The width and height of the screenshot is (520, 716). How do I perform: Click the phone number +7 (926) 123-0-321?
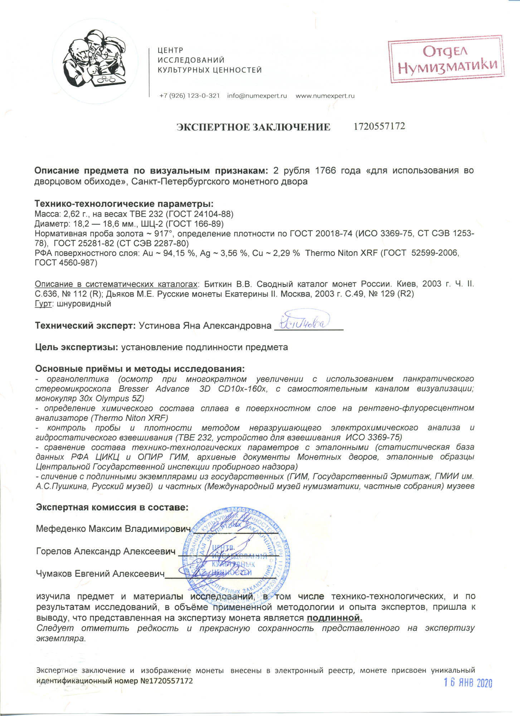tap(189, 96)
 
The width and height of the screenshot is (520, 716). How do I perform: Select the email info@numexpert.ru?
tap(257, 96)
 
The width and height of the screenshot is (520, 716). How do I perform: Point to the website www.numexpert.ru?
tap(325, 96)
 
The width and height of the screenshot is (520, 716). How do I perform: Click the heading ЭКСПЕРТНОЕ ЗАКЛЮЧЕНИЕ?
tap(253, 127)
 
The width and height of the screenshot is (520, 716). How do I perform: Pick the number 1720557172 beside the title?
tap(379, 126)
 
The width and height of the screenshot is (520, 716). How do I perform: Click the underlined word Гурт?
tap(43, 304)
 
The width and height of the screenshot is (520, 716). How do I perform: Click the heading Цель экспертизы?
tap(77, 347)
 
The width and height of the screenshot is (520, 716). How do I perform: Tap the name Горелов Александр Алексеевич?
tap(106, 551)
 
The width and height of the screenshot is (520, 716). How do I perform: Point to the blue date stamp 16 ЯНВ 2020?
tap(468, 683)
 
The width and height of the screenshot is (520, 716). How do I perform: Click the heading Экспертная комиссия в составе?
tap(112, 507)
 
